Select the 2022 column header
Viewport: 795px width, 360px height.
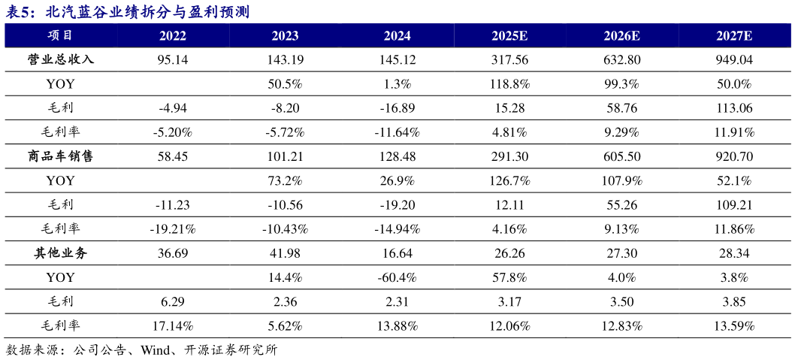(173, 35)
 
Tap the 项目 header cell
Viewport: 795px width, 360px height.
(60, 35)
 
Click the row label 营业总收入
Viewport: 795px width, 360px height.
(60, 59)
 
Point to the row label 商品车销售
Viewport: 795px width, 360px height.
(60, 156)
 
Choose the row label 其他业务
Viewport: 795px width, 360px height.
(60, 253)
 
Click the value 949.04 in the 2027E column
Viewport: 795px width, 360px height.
(735, 59)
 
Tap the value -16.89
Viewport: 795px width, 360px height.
(397, 108)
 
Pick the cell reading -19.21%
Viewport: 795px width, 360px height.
(173, 229)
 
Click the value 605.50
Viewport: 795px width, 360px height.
(621, 156)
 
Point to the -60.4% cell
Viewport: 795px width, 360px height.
(397, 277)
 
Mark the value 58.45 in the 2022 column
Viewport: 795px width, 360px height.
(173, 156)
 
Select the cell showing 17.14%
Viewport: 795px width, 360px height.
(173, 326)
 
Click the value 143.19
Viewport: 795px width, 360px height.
(285, 59)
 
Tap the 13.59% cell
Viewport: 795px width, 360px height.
(735, 326)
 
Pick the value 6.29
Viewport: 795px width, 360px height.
(173, 302)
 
